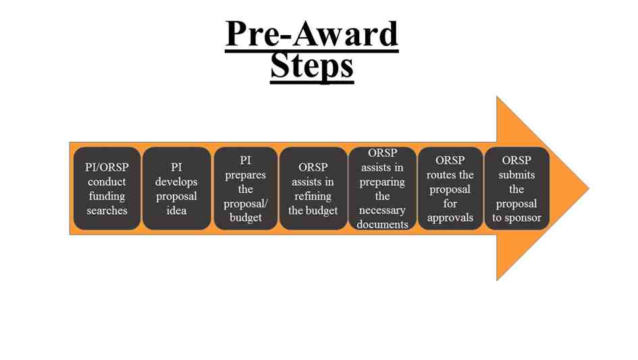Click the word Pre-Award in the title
coord(311,34)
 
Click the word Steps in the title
coord(311,66)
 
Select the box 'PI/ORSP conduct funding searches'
coord(107,188)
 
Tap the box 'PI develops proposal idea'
coord(176,188)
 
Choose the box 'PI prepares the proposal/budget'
coord(245,188)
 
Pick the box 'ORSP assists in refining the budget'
coord(313,188)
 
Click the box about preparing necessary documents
coord(382,188)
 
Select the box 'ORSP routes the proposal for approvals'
coord(450,188)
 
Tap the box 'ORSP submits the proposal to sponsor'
coord(516,188)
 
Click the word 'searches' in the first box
coord(107,211)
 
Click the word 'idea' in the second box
coord(176,211)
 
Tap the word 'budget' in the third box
coord(246,218)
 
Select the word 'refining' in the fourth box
coord(313,196)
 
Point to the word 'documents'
coord(382,225)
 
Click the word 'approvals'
coord(450,218)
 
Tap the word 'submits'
coord(516,175)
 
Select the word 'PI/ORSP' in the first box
coord(107,168)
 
